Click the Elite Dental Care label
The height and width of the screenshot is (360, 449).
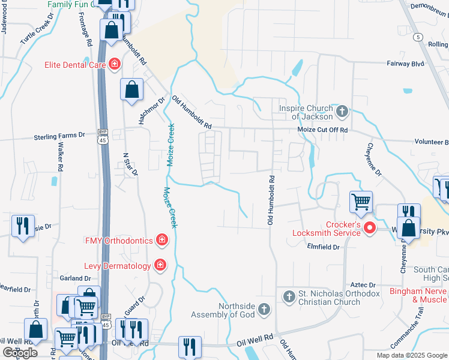coord(73,64)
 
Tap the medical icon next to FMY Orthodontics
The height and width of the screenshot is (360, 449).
coord(161,241)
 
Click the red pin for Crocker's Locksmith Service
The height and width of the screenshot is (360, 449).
coord(370,227)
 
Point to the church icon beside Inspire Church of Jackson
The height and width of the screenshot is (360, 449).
coord(342,111)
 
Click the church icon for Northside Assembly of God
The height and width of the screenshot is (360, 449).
coord(264,310)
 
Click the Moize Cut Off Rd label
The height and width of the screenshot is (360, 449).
coord(323,130)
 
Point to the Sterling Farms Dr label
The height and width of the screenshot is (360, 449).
coord(59,136)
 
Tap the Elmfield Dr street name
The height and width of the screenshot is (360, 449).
coord(323,247)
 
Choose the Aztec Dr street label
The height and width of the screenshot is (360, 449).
coord(364,285)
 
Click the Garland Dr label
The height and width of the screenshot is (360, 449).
coord(75,278)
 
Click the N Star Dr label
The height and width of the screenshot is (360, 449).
coord(130,164)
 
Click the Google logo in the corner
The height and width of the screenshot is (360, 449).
coord(20,353)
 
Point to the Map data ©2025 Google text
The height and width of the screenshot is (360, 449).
coord(411,355)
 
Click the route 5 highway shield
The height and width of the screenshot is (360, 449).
coord(417,37)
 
